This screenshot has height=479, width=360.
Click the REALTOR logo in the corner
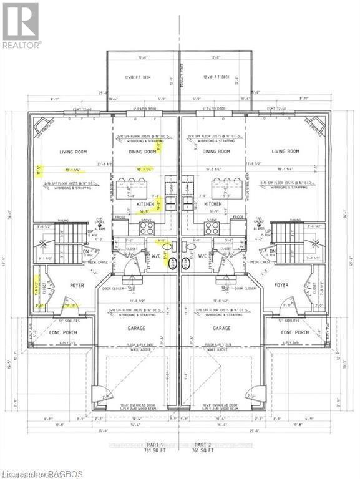click(x=21, y=26)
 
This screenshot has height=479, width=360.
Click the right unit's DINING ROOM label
click(x=216, y=152)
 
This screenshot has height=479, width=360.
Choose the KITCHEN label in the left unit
click(x=146, y=204)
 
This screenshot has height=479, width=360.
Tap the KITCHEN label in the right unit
click(x=213, y=204)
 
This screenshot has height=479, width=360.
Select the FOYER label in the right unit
click(x=281, y=286)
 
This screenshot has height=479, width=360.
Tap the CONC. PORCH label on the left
click(x=61, y=332)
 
